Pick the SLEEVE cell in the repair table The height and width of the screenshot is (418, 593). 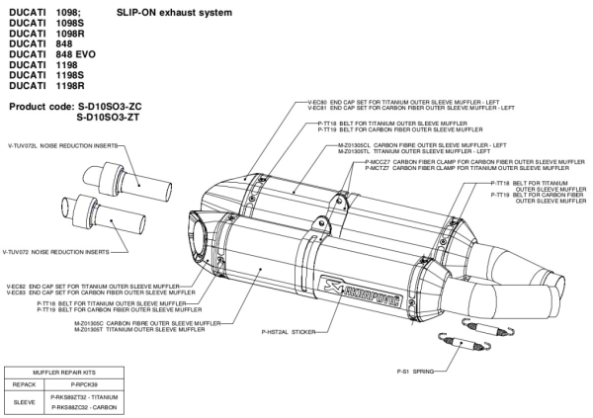24,403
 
